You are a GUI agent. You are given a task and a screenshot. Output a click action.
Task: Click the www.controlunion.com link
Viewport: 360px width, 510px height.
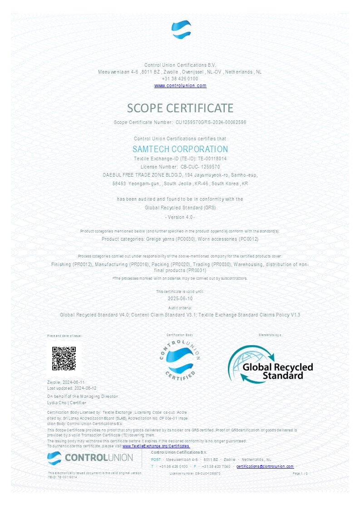180,85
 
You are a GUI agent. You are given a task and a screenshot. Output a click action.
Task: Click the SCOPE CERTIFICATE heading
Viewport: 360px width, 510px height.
180,108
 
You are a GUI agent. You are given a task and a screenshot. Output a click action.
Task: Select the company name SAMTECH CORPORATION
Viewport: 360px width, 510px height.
180,149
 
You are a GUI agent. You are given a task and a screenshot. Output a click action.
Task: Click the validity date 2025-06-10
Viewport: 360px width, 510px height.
180,299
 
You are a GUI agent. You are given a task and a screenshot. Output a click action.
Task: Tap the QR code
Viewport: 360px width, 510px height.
64,358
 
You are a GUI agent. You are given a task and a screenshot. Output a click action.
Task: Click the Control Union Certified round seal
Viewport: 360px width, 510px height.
180,359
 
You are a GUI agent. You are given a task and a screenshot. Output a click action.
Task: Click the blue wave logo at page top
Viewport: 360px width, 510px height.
181,30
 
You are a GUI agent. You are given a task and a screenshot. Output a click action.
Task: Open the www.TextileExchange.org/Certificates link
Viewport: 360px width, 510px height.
156,446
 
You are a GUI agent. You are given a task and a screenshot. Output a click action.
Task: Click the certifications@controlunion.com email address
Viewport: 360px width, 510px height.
265,466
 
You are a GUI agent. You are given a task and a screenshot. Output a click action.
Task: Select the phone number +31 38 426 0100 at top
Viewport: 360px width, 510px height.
180,79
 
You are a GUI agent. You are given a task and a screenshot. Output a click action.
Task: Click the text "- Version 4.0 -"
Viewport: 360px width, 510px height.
180,217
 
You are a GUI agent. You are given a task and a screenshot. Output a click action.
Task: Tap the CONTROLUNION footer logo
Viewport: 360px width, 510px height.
90,457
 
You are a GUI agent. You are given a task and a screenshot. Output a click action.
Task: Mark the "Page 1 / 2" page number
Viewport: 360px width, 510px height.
301,473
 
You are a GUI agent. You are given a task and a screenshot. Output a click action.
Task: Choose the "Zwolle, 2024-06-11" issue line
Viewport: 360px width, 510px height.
66,382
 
